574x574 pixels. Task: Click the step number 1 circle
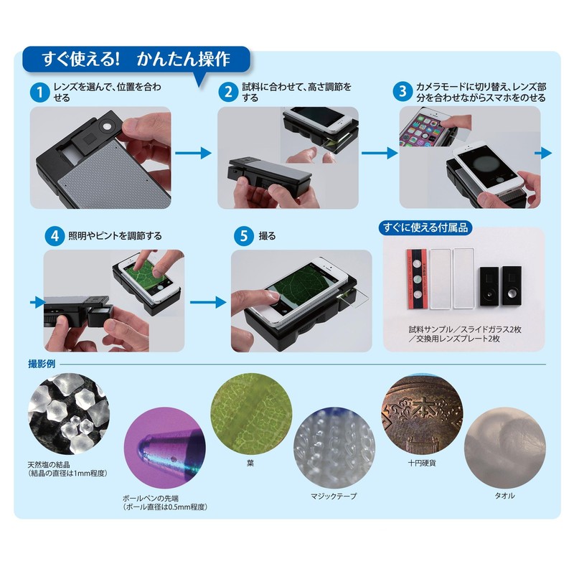coord(39,93)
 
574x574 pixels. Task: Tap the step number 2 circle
coord(228,93)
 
